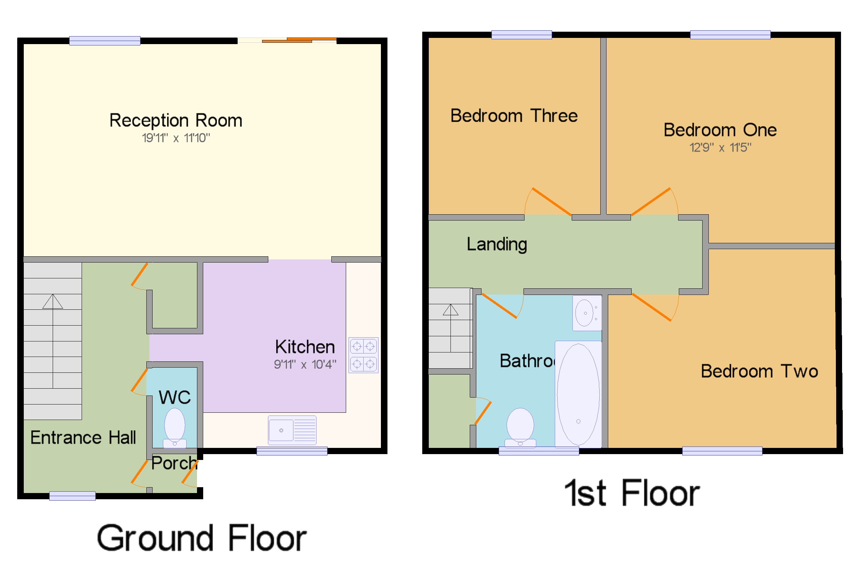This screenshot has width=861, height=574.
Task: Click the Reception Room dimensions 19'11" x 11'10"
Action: pos(176,138)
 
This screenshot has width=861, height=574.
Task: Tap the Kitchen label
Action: pos(304,346)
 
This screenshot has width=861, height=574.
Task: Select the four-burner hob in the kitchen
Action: pos(363,355)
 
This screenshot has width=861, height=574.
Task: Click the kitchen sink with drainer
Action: pos(292,430)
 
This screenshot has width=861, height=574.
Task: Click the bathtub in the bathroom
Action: pos(578,394)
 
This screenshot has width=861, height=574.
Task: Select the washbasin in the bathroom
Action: pos(586,312)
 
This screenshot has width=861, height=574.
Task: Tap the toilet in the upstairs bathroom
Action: pos(520,427)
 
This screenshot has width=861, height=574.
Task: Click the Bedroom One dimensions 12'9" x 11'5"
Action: pos(720,147)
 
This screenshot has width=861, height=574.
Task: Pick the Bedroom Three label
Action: pos(514,116)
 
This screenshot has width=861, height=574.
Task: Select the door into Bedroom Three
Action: pos(551,201)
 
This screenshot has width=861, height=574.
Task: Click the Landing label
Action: pos(497,244)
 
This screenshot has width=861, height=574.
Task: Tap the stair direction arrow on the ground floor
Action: pos(53,302)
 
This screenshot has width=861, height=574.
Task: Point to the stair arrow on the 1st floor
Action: pos(450,310)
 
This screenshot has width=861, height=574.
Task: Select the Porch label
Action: pos(174,463)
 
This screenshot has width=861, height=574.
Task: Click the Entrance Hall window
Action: pos(72,496)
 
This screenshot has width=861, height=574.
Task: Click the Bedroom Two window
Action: pos(722,451)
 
